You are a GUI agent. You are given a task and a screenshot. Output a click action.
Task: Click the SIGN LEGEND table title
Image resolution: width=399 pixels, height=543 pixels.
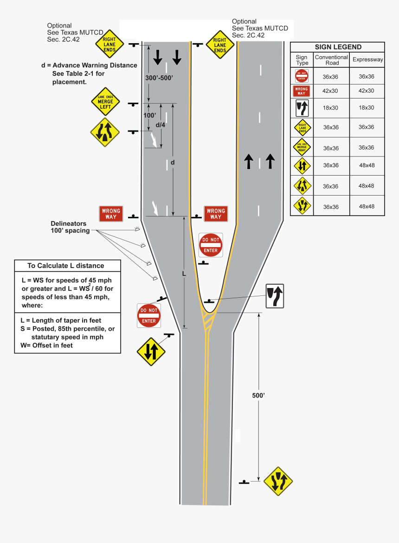click(337, 47)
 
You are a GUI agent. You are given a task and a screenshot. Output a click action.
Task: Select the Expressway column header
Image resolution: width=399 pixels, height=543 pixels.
click(367, 59)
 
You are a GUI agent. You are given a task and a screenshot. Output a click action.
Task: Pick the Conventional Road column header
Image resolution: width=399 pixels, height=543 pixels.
click(331, 60)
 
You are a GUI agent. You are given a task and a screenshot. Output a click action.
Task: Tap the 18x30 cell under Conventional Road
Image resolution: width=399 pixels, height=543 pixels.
click(331, 108)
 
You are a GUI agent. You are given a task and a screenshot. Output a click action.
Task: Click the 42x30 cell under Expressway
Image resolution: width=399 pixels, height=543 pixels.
click(366, 91)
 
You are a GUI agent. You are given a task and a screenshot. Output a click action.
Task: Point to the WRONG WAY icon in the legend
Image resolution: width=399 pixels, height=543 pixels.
click(302, 91)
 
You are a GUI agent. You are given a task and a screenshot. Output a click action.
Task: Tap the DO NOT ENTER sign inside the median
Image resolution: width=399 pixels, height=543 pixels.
click(211, 245)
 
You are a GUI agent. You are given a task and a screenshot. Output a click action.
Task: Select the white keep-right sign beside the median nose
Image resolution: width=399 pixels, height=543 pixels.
click(274, 296)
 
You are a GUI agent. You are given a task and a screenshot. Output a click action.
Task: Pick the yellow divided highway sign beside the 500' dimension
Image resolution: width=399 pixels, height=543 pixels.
click(278, 481)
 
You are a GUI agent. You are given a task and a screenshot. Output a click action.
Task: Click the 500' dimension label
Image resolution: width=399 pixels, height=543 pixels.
click(258, 395)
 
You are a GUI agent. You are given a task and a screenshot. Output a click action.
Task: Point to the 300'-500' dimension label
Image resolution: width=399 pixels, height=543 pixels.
click(159, 78)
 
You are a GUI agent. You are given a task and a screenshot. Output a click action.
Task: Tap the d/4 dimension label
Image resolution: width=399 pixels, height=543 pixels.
click(161, 125)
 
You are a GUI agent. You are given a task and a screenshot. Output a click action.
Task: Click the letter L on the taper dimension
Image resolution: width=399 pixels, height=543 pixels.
click(184, 274)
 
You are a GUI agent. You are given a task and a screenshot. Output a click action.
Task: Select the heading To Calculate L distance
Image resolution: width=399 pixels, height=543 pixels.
click(65, 266)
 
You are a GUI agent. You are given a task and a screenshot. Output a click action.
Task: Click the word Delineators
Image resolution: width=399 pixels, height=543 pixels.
click(69, 223)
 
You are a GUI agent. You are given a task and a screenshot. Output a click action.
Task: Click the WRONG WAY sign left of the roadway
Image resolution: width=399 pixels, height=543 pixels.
click(110, 214)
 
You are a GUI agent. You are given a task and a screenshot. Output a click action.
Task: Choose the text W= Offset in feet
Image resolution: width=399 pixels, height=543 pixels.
click(46, 345)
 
